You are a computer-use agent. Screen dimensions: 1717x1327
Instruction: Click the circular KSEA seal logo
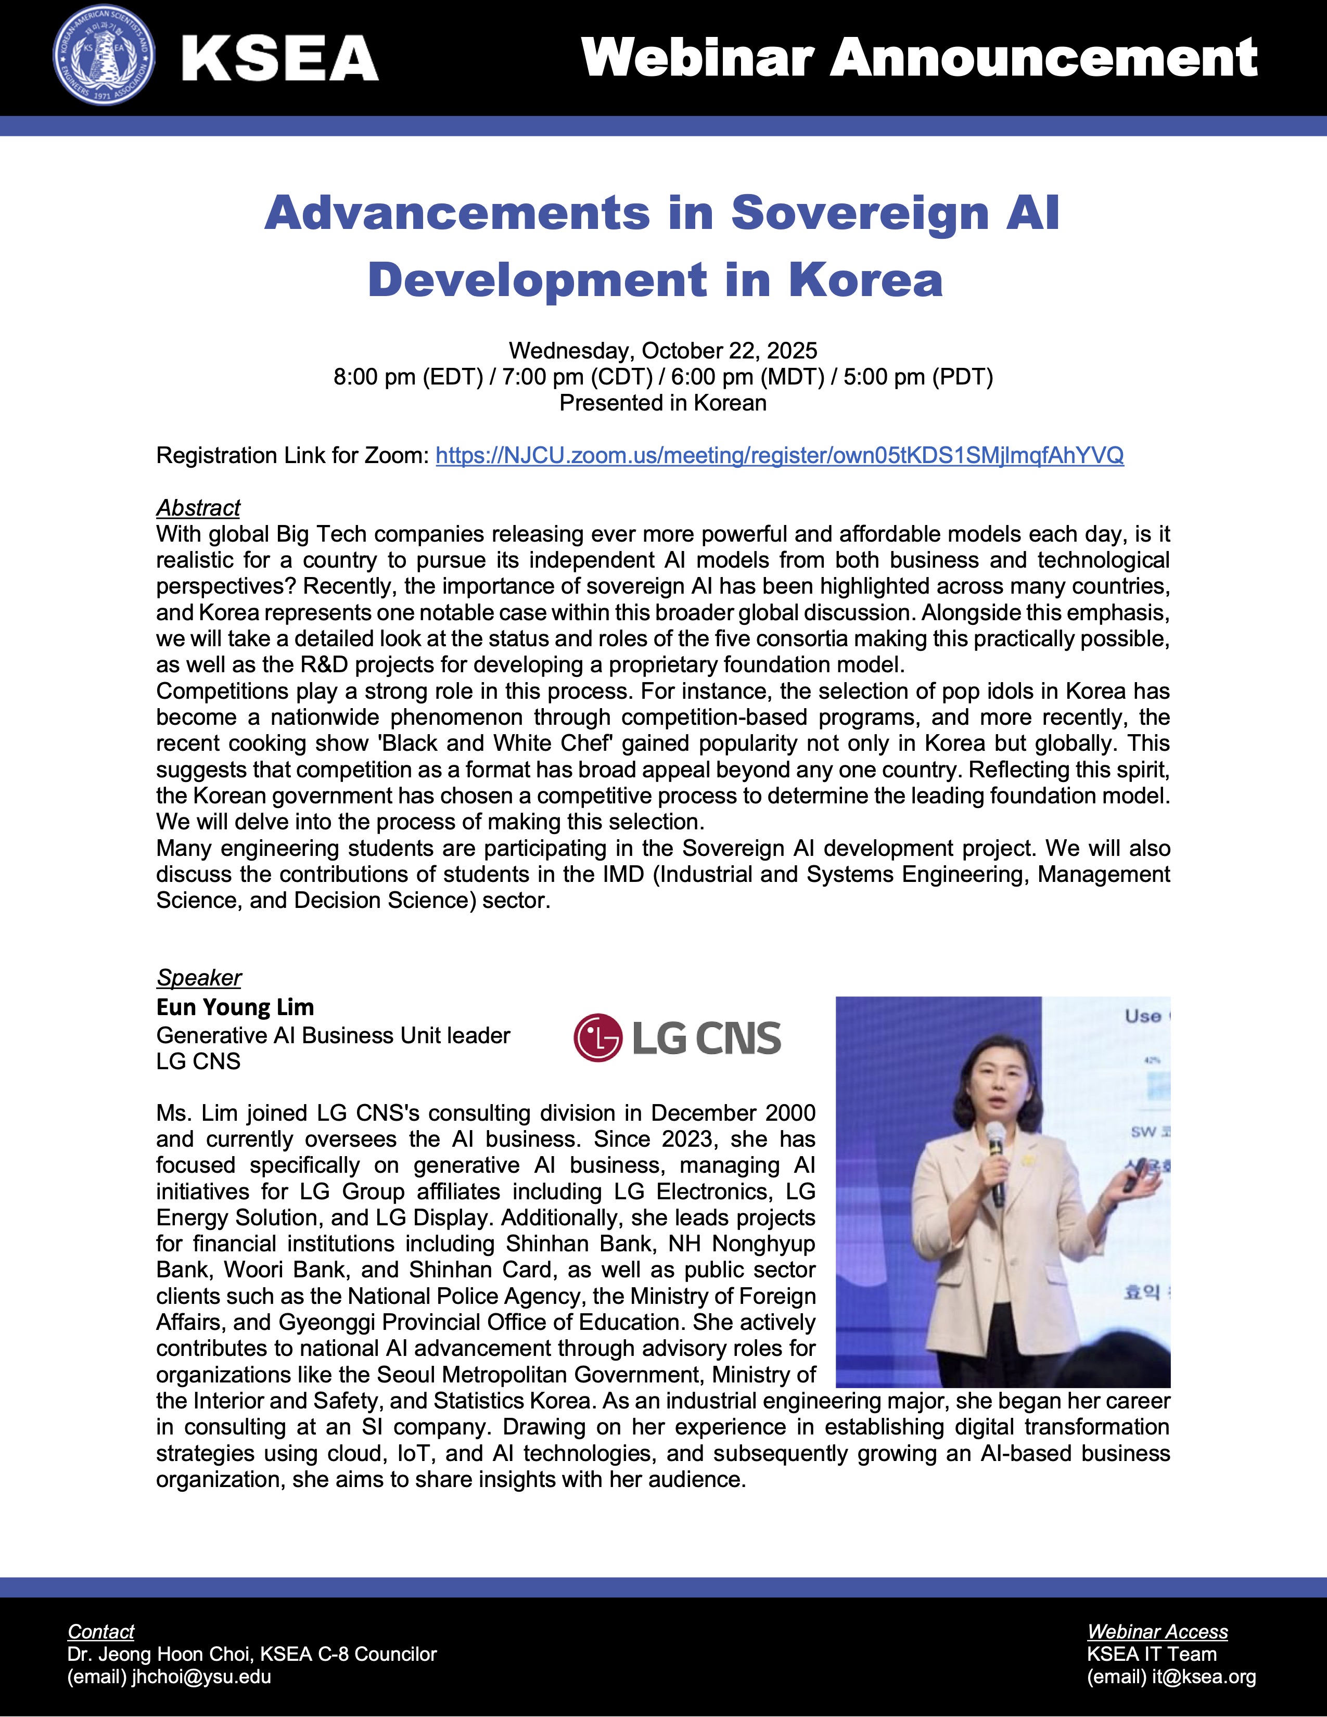(104, 59)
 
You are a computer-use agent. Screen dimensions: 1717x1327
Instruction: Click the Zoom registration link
(779, 455)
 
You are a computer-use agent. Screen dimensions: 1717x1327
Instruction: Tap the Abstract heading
(198, 508)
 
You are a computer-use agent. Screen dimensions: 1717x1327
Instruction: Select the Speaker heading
(199, 977)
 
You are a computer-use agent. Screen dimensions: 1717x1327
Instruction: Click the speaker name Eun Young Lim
(235, 1007)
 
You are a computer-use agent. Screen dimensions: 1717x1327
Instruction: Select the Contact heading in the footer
(100, 1631)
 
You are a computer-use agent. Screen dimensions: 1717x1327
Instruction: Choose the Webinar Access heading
(1157, 1631)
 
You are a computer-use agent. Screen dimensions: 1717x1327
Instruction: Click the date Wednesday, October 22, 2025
(662, 351)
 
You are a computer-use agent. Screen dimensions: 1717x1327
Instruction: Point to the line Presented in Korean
(662, 403)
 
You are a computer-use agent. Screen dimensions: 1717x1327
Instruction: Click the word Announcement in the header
(1045, 58)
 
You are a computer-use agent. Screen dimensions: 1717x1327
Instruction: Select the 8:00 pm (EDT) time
(408, 377)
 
